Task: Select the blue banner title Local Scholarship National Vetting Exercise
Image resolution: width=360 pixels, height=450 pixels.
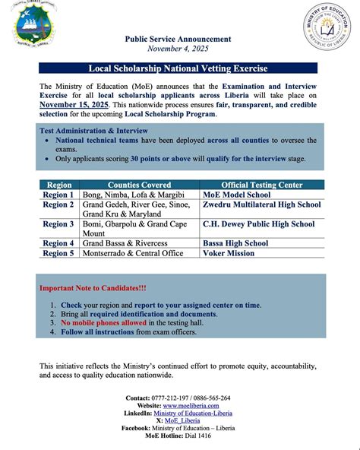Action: click(x=180, y=68)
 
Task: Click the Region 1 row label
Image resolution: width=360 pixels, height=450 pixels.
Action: click(x=58, y=195)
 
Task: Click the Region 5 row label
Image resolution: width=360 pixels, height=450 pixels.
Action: click(x=58, y=253)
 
